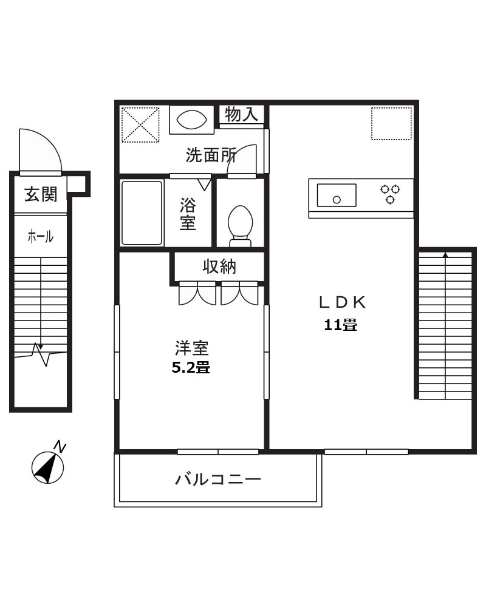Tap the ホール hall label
41,237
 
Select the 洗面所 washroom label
210,156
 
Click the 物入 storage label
242,114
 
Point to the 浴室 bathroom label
188,214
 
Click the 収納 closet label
219,266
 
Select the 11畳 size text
340,325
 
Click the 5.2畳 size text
191,367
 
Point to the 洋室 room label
192,348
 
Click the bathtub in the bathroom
142,212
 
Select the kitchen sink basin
336,195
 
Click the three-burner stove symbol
390,193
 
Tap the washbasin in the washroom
191,119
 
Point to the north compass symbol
47,466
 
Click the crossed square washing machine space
140,124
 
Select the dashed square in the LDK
392,124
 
